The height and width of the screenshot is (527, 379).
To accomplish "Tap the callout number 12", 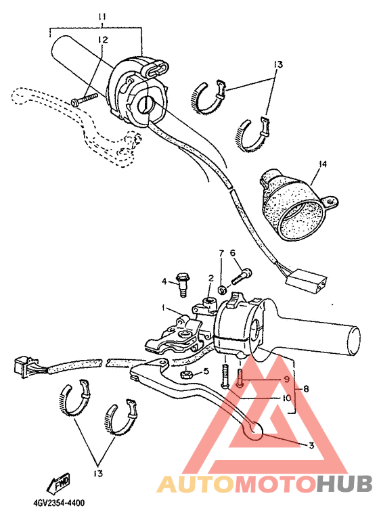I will tap(102, 40).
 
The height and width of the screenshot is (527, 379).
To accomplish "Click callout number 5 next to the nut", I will tap(306, 389).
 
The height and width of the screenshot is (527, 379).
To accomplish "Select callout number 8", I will tap(286, 398).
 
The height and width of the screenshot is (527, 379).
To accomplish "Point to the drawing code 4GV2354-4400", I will tap(58, 503).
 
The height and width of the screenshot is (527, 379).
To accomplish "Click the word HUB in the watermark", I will tap(345, 484).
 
